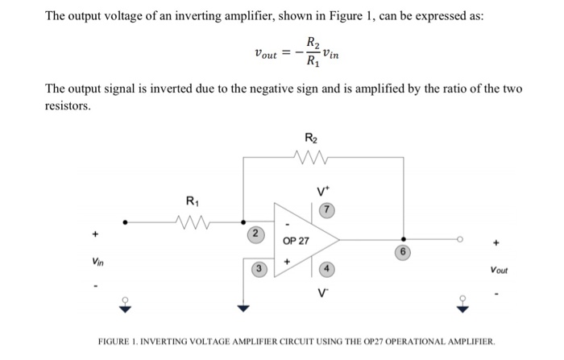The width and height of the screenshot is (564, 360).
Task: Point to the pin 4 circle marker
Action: tap(327, 269)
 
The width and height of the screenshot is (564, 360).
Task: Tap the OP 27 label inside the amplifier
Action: tap(297, 241)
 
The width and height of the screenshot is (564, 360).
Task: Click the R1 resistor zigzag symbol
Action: tap(193, 219)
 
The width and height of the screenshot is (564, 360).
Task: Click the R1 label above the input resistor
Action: tap(192, 200)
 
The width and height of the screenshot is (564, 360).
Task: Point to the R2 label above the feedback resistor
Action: tap(310, 138)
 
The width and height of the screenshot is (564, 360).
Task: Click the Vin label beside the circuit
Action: tap(97, 261)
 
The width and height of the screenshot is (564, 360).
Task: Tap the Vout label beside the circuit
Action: tap(499, 271)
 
